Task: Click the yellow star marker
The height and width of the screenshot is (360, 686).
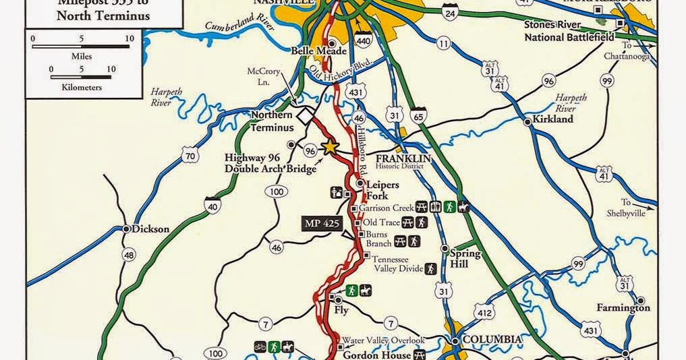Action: tap(329, 147)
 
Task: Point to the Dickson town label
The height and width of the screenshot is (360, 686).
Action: tap(148, 229)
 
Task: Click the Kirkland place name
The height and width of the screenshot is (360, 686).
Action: tap(552, 119)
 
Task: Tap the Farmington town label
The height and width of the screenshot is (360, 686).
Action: tap(623, 307)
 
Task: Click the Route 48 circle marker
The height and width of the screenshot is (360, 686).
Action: tap(128, 255)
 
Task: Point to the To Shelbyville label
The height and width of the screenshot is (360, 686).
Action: tap(633, 207)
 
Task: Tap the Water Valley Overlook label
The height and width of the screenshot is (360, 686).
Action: tap(383, 340)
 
